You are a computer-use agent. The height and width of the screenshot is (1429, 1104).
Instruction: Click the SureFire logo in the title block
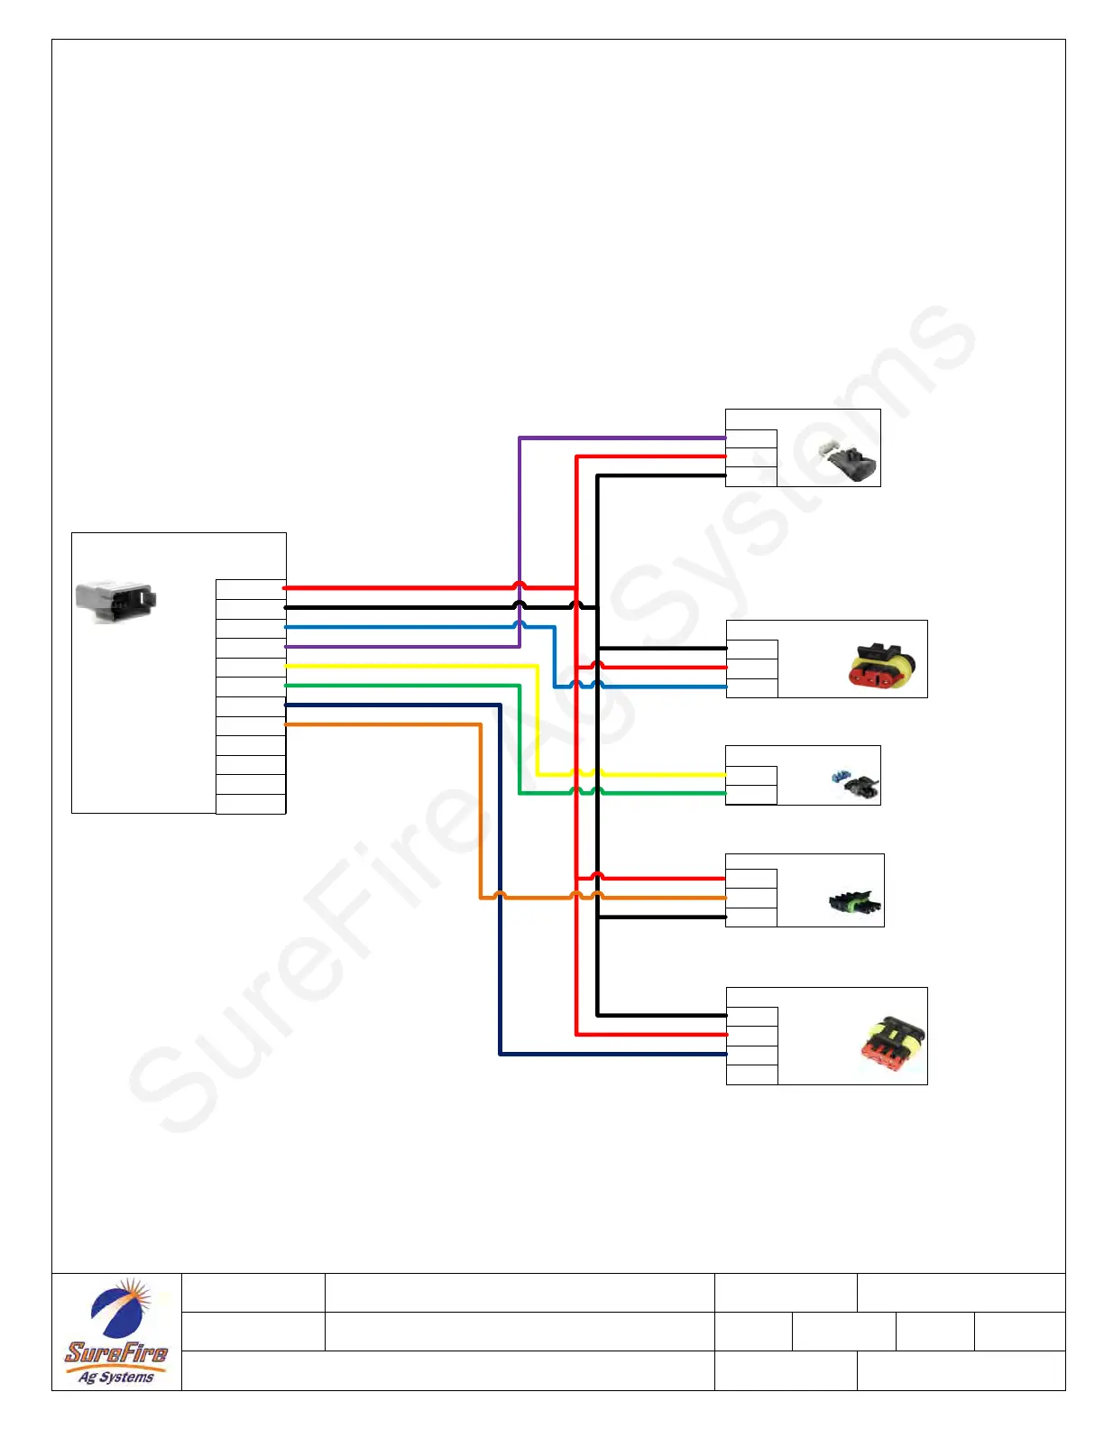116,1332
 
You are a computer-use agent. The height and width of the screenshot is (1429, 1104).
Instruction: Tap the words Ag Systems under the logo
116,1378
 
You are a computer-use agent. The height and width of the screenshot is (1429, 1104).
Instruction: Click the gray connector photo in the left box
115,601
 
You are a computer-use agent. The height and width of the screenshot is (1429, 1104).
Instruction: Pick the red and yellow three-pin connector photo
882,666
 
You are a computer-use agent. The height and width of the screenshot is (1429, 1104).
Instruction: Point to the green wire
406,686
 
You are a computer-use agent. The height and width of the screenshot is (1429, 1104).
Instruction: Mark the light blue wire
406,627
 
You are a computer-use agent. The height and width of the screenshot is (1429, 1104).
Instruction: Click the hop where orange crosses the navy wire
500,895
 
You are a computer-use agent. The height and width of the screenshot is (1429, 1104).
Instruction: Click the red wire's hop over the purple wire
520,585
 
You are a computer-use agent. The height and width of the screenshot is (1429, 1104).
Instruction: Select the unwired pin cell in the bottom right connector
751,1074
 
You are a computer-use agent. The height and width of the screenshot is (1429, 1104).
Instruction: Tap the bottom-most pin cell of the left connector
251,804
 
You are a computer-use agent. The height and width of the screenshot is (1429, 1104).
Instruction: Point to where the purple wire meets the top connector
724,438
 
